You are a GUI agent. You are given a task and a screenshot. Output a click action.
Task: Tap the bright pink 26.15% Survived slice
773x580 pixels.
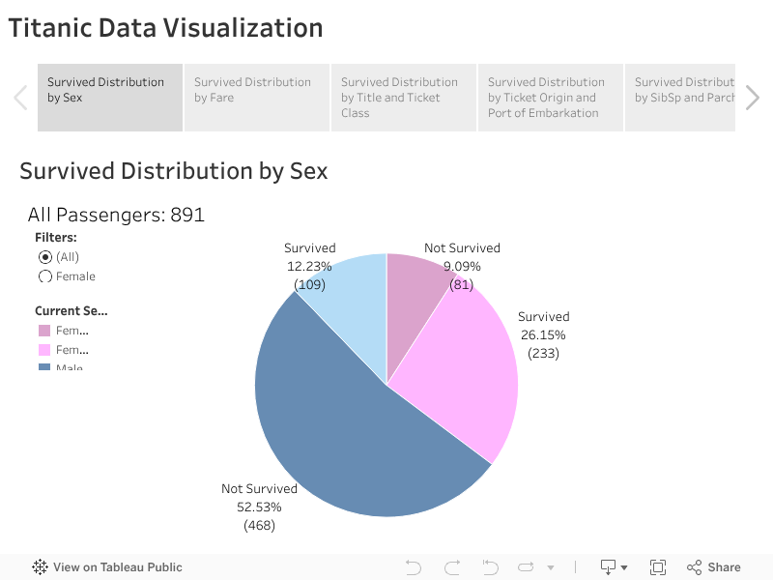click(x=464, y=367)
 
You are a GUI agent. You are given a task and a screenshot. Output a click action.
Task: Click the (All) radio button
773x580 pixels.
click(x=45, y=257)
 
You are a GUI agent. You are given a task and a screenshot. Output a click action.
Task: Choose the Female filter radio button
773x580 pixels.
click(x=45, y=276)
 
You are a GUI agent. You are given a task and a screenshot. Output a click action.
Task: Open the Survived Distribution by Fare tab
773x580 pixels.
click(x=256, y=97)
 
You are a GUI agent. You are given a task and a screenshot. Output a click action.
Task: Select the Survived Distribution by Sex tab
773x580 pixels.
click(x=109, y=97)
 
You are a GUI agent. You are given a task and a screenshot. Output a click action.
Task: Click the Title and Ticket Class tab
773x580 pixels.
click(x=403, y=97)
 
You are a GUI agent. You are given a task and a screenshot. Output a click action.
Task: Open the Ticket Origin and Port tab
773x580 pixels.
click(x=550, y=97)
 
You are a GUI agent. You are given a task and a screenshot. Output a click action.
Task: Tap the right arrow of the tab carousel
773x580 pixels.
click(x=753, y=98)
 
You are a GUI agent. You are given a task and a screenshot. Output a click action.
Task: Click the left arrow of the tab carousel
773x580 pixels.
click(x=20, y=98)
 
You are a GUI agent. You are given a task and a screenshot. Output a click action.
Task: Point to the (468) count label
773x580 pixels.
click(x=259, y=526)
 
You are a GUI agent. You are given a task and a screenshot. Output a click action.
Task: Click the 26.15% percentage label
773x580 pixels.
click(x=543, y=334)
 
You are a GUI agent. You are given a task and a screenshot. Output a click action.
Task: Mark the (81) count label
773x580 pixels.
click(x=462, y=284)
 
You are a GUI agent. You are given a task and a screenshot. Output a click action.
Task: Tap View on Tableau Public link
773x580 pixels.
click(x=107, y=567)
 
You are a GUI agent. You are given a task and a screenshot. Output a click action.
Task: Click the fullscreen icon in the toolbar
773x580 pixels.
click(x=658, y=567)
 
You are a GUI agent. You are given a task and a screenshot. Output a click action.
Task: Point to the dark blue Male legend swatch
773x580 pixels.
click(x=44, y=367)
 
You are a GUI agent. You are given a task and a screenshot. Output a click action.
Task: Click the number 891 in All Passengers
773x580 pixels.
click(x=187, y=215)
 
